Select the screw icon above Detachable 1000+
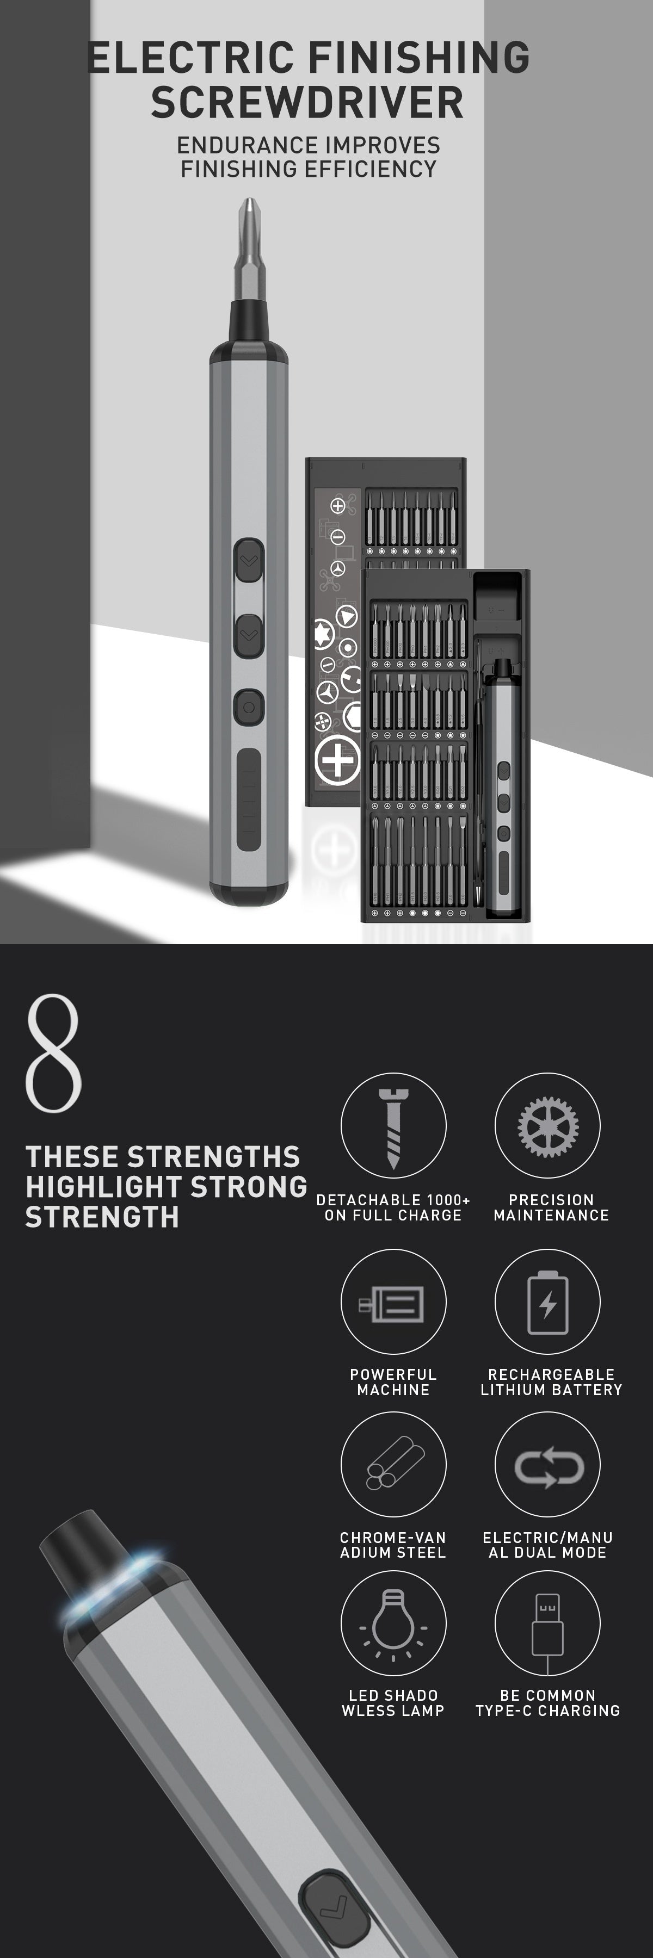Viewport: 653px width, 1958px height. [x=393, y=1128]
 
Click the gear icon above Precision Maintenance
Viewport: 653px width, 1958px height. [x=547, y=1126]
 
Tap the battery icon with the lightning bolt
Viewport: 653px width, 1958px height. [x=547, y=1303]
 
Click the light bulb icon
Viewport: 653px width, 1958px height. [x=393, y=1624]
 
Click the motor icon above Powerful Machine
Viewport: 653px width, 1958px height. [x=392, y=1303]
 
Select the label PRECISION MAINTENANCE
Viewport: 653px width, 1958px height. [x=551, y=1207]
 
